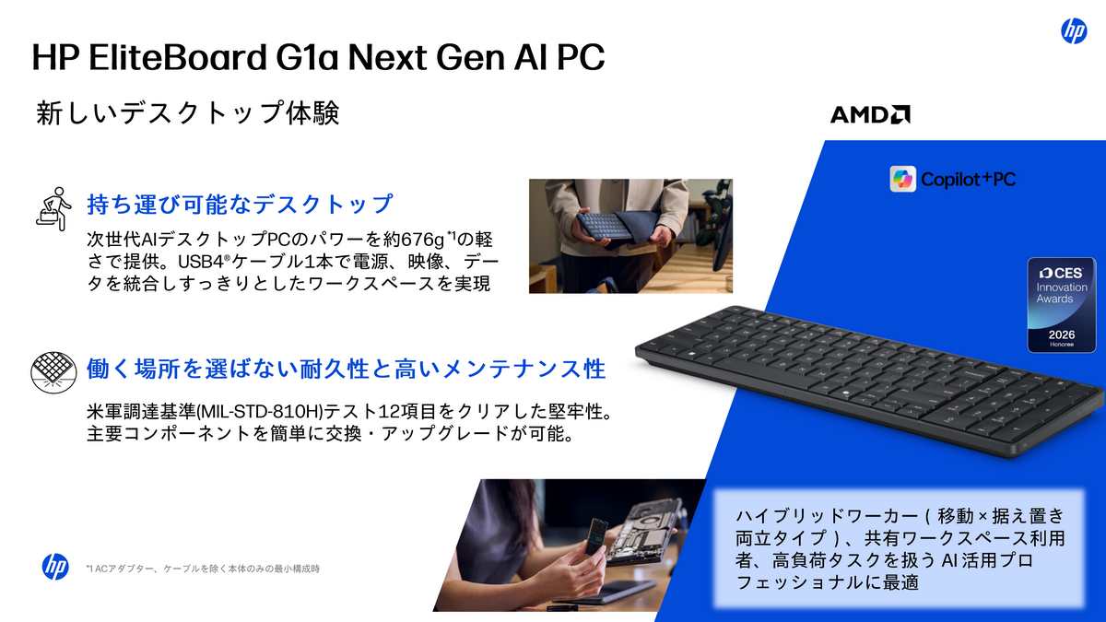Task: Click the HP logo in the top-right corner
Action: pos(1074,31)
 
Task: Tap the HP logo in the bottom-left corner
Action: pos(55,567)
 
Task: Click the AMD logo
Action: pos(870,114)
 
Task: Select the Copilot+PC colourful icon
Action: pos(903,179)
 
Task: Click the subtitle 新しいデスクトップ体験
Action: pos(188,113)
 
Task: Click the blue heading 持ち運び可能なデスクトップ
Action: pos(240,204)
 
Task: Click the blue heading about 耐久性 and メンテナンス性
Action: pos(346,370)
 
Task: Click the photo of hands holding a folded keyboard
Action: pos(630,236)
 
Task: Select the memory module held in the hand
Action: pos(594,539)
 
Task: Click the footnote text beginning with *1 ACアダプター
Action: pos(202,569)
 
